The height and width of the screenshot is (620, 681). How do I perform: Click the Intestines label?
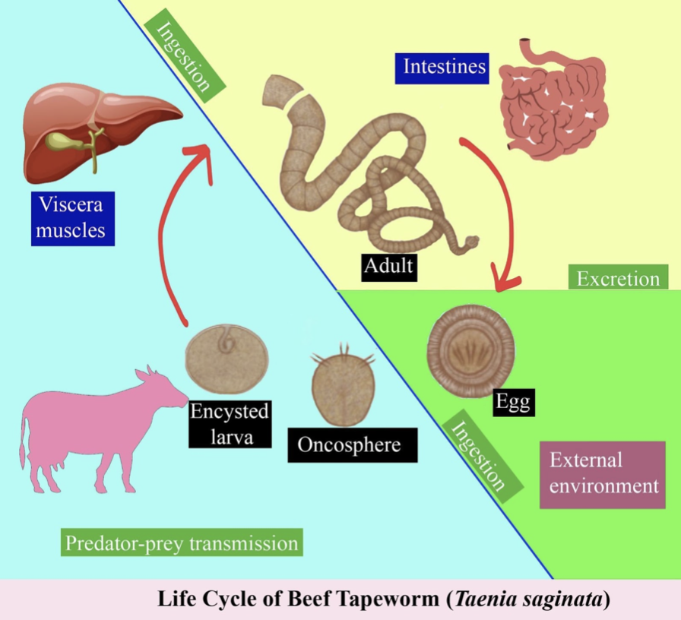(444, 67)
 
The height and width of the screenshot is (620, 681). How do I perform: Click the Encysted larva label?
(229, 424)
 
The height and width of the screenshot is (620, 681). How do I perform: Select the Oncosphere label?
(353, 443)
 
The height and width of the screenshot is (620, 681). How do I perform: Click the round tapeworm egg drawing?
(466, 350)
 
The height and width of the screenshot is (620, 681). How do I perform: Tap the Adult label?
(388, 266)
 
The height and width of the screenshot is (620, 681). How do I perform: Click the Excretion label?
(618, 278)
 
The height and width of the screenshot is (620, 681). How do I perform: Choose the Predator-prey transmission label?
(181, 544)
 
